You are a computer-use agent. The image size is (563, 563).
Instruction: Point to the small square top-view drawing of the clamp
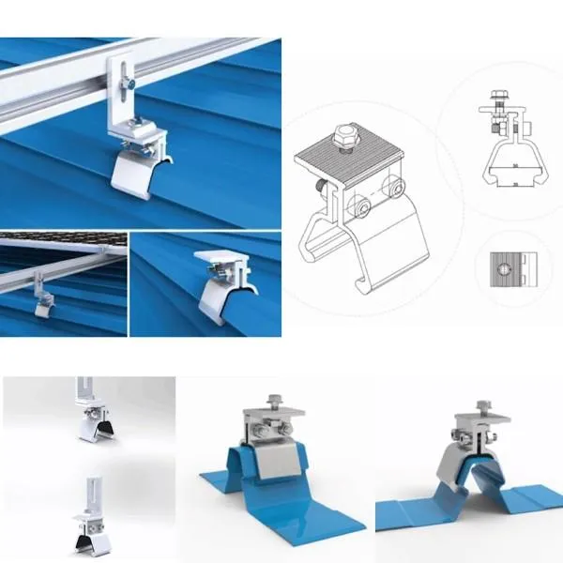(x=512, y=270)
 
